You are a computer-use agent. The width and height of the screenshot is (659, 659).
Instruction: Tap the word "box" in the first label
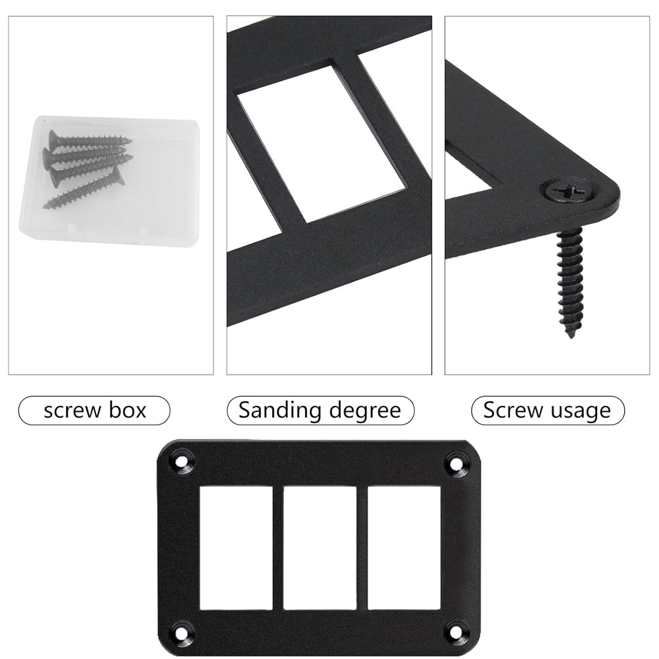coord(127,410)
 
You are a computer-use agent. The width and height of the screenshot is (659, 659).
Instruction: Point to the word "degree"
coord(365,411)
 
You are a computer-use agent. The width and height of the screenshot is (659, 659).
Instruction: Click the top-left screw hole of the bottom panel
coord(181,463)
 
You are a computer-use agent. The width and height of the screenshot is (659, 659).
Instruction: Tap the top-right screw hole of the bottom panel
coord(455,463)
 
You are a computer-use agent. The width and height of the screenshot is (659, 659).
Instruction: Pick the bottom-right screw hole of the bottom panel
coord(455,631)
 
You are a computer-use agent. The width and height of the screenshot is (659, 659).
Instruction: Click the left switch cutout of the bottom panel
coord(236,548)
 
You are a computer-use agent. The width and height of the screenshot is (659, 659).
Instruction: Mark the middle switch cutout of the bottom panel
coord(320,548)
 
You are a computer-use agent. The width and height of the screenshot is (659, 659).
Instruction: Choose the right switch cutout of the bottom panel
coord(404,548)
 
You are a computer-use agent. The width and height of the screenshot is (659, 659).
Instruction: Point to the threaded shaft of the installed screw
coord(570,277)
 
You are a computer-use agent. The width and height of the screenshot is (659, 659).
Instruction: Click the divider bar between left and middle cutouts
coord(278,548)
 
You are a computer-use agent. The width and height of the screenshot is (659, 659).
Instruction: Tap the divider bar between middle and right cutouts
coord(362,548)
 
